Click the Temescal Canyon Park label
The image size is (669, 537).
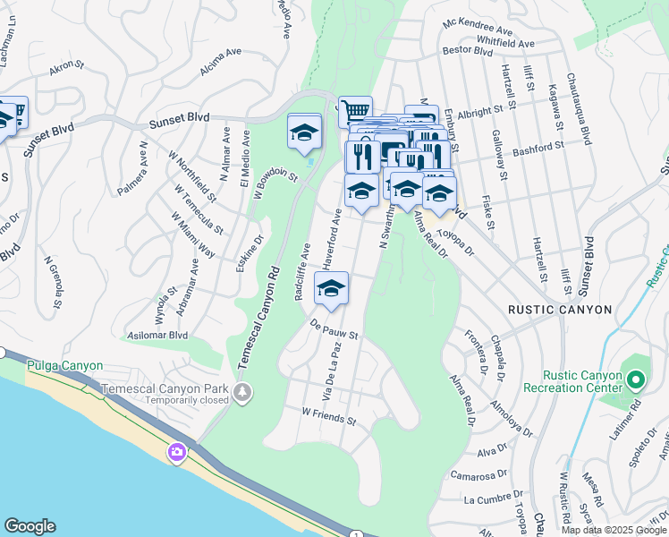pyautogui.click(x=165, y=390)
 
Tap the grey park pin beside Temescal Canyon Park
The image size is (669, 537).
pyautogui.click(x=242, y=392)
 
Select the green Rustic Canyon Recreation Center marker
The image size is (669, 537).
pyautogui.click(x=635, y=380)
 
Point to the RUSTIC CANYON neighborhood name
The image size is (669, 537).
pyautogui.click(x=559, y=310)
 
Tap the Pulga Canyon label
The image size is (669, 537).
pyautogui.click(x=64, y=366)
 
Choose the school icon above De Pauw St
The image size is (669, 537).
pyautogui.click(x=331, y=289)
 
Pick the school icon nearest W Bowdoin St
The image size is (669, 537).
pyautogui.click(x=304, y=132)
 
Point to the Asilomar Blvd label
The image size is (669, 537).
pyautogui.click(x=160, y=336)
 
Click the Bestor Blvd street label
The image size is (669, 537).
pyautogui.click(x=468, y=53)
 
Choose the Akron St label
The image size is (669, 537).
pyautogui.click(x=66, y=65)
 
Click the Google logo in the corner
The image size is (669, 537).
pyautogui.click(x=30, y=526)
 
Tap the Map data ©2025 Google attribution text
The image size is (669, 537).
pyautogui.click(x=613, y=530)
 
